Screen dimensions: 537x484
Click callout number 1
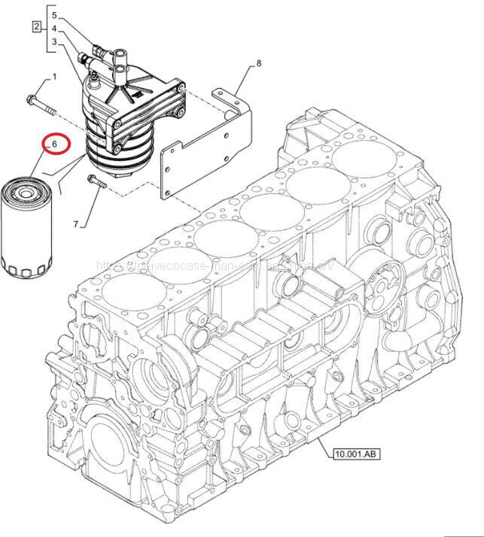(x=54, y=77)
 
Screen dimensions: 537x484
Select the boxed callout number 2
(x=35, y=29)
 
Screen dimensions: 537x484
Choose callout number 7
(x=76, y=223)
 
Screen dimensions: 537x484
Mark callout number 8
(x=258, y=64)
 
